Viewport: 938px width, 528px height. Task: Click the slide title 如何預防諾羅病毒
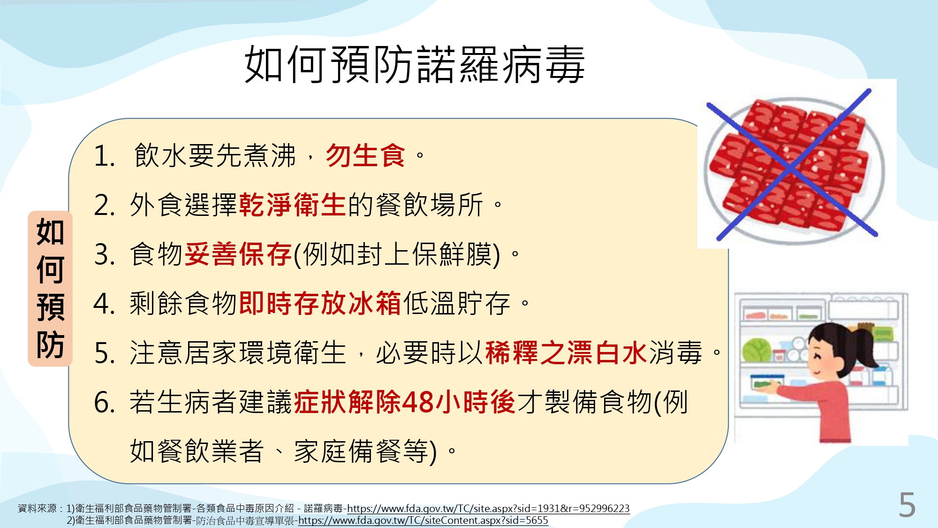pos(415,65)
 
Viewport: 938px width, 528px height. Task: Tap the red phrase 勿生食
pos(365,155)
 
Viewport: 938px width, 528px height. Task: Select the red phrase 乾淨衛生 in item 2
pos(293,205)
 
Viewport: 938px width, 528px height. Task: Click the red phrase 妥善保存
pos(238,254)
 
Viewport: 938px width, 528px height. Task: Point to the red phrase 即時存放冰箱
pos(320,303)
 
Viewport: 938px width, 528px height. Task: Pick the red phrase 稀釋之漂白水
pos(567,353)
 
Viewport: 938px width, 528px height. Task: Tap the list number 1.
pos(104,156)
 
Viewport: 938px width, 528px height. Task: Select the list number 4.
pos(104,304)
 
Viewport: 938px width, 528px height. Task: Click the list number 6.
pos(104,403)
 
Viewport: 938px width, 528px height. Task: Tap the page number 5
pos(907,505)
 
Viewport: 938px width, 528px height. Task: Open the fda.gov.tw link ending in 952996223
pos(488,508)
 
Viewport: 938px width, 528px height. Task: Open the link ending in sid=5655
pos(423,520)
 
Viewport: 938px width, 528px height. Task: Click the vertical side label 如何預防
pos(50,288)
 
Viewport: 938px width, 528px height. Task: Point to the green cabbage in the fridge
pos(756,350)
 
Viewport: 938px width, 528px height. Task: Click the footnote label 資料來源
pos(37,508)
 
